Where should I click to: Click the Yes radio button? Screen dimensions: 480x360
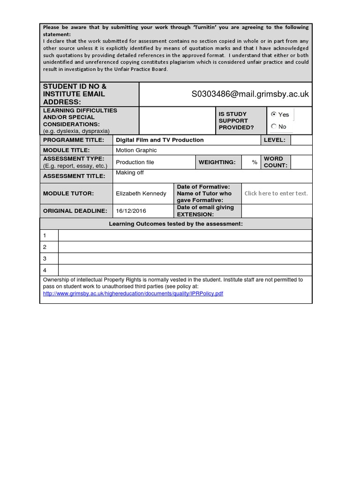[274, 114]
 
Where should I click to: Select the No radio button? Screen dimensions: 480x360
[274, 126]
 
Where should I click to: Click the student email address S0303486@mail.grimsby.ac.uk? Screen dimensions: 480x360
[250, 94]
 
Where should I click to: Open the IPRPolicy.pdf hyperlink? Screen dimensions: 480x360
[133, 293]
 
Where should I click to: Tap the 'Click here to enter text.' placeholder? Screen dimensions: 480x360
[276, 193]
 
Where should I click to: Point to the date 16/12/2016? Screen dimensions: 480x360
[131, 211]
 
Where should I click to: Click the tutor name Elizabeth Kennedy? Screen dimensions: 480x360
[141, 193]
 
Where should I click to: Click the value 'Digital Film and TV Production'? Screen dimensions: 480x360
[160, 140]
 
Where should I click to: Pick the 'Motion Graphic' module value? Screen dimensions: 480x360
[136, 150]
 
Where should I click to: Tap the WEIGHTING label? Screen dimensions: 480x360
[217, 162]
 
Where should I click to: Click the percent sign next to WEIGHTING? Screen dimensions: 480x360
[255, 162]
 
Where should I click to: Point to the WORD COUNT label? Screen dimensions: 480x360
[276, 162]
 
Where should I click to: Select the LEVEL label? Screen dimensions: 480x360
[275, 140]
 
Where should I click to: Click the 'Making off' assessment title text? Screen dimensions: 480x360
[130, 173]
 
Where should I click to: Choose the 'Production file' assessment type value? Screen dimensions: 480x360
[135, 162]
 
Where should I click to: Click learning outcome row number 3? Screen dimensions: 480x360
[45, 258]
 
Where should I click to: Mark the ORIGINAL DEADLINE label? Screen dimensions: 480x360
[75, 211]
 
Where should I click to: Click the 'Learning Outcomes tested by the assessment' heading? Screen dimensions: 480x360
[176, 224]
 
